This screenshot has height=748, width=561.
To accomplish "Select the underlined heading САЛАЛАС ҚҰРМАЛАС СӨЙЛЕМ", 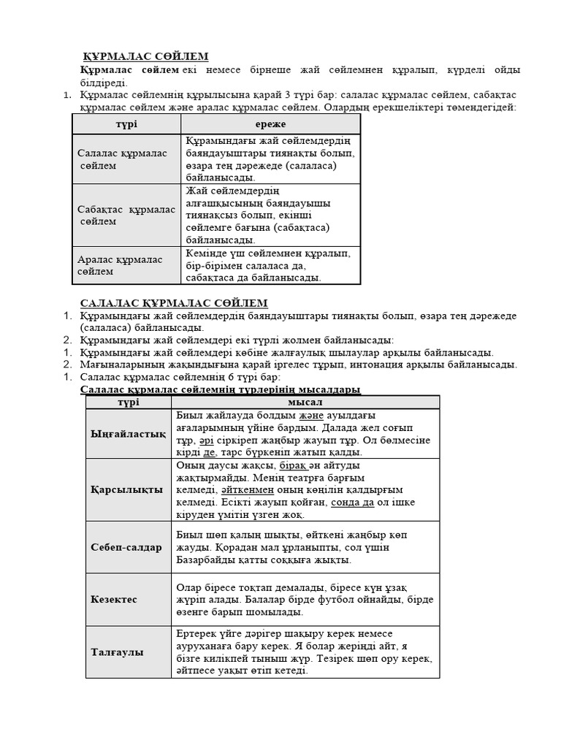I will tap(173, 302).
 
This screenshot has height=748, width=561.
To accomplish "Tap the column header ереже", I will tap(270, 124).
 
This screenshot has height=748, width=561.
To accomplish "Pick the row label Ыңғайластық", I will tap(127, 434).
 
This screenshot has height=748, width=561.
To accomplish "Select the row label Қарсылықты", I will tap(126, 489).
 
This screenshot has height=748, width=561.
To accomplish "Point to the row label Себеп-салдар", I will tap(126, 547).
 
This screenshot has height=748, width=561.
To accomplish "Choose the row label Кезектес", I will tap(114, 599).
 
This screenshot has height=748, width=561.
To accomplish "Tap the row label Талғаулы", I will tap(117, 652).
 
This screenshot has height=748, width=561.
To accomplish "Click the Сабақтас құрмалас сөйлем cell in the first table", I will tap(126, 215).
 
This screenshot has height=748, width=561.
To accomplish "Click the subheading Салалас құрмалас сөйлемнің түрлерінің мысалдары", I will tap(220, 390).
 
